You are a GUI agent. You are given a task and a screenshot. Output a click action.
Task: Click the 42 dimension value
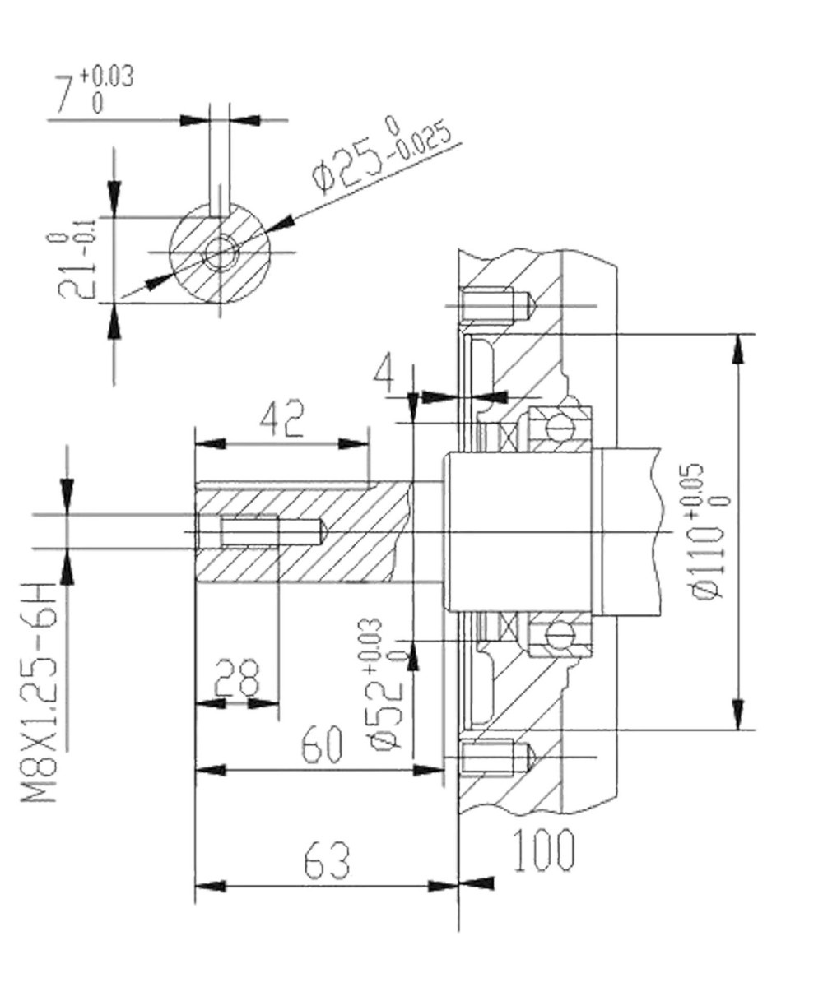(282, 419)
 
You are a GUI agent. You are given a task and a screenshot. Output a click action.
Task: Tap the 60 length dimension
(321, 746)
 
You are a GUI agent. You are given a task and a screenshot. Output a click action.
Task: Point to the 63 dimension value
(326, 861)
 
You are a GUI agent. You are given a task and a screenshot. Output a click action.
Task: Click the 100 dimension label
(543, 850)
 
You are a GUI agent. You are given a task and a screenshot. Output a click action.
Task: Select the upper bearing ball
(560, 428)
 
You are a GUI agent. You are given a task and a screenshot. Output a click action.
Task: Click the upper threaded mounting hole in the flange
(491, 306)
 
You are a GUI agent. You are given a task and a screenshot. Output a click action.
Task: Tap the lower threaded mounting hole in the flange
(491, 757)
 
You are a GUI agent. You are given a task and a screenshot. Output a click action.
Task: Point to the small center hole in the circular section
(220, 252)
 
